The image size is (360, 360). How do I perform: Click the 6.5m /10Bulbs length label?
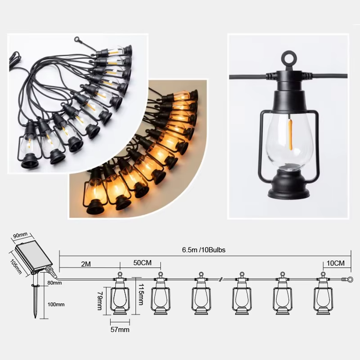[204, 250]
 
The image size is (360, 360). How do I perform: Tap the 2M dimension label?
[86, 264]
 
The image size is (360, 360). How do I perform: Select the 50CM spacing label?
[142, 263]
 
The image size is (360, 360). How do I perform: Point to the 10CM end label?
[335, 263]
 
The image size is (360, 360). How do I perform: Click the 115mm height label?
[141, 295]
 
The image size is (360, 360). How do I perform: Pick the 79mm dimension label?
[100, 301]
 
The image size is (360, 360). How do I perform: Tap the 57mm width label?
[120, 330]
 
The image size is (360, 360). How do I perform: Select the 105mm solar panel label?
[16, 266]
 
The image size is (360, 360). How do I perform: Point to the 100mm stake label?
[56, 305]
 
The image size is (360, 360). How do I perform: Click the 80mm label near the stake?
[54, 283]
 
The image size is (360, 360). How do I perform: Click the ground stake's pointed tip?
[36, 318]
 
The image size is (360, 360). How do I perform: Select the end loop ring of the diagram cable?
[350, 279]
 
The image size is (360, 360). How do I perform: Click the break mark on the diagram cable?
[220, 279]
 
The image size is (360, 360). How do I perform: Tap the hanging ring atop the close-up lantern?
[289, 58]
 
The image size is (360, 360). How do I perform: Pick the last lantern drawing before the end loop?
[323, 293]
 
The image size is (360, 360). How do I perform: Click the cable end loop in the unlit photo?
[77, 40]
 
